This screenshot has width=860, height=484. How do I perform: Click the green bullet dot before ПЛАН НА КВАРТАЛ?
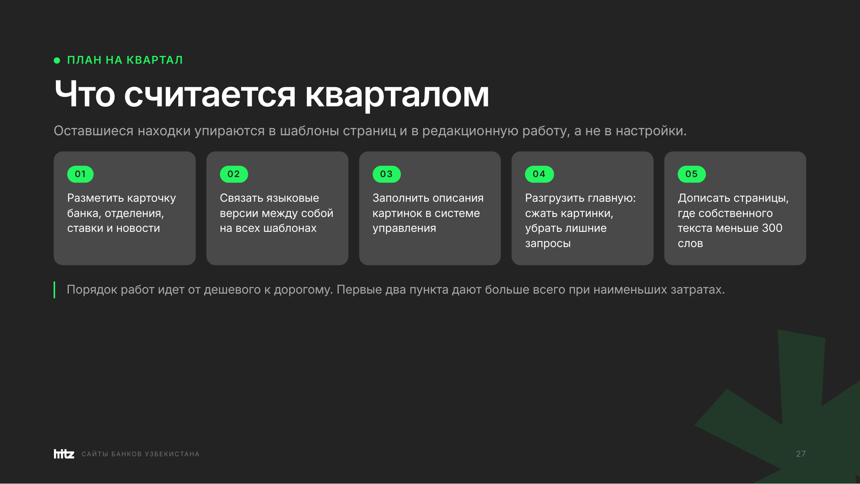click(x=57, y=60)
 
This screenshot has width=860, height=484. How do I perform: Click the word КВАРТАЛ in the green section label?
click(x=155, y=60)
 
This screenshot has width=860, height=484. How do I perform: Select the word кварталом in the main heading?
click(x=397, y=96)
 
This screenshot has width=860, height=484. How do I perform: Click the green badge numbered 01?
click(x=80, y=174)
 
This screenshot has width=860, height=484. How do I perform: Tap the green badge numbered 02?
click(x=234, y=174)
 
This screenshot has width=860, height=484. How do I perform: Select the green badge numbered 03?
click(x=387, y=174)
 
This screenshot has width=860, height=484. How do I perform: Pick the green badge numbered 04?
click(x=539, y=174)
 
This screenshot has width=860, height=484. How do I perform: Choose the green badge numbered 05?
click(x=692, y=174)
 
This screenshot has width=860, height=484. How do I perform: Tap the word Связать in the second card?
click(x=241, y=198)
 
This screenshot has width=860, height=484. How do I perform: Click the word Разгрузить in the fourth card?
click(x=554, y=199)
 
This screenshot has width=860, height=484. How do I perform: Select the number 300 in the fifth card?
click(x=772, y=228)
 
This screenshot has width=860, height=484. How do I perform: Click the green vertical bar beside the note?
click(x=54, y=290)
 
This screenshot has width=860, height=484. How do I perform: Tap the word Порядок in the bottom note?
click(x=92, y=290)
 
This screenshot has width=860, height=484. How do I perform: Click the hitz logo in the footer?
click(x=64, y=454)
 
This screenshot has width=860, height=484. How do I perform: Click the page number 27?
click(x=801, y=454)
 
